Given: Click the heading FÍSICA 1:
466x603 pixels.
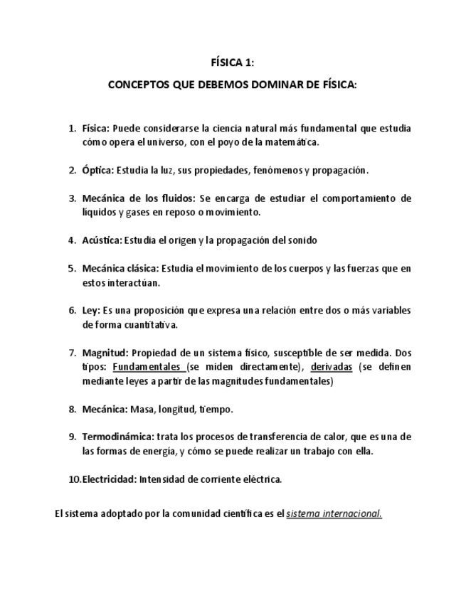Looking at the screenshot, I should [x=233, y=63].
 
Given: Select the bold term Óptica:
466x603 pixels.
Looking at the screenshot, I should [x=97, y=170].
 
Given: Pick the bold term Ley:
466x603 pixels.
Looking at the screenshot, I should [x=91, y=311].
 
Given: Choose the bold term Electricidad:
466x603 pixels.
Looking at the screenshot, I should [x=110, y=479].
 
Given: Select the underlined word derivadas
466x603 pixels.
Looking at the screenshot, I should [x=332, y=367].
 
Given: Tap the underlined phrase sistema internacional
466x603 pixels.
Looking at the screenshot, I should [x=334, y=514].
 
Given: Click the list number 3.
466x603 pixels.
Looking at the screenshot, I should [x=72, y=198].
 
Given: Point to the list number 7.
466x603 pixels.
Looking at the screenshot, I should [x=72, y=353].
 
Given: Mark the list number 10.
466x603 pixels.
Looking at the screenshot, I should [x=74, y=479].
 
